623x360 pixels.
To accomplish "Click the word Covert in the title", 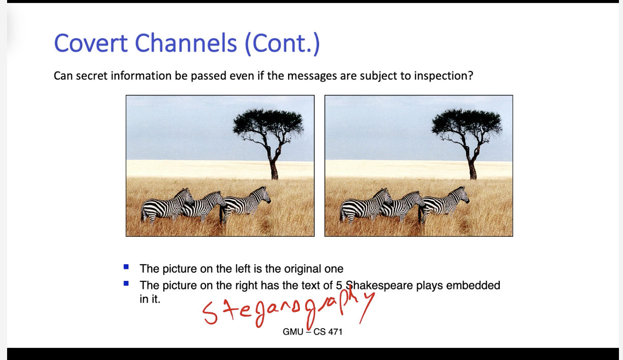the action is [91, 44].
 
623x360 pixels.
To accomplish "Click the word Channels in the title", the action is [186, 44].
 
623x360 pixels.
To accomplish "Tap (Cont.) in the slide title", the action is [282, 44].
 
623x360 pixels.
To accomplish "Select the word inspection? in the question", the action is [443, 76].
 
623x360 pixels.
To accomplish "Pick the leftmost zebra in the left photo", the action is [167, 206].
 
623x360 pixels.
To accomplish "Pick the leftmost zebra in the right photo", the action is [366, 206].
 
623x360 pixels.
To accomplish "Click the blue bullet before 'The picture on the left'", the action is [126, 267].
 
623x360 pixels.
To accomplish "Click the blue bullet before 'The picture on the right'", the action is [126, 283].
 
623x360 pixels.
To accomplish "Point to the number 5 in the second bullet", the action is [339, 285].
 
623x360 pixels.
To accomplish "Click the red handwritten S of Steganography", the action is [210, 313].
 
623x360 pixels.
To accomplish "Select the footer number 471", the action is [335, 332].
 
